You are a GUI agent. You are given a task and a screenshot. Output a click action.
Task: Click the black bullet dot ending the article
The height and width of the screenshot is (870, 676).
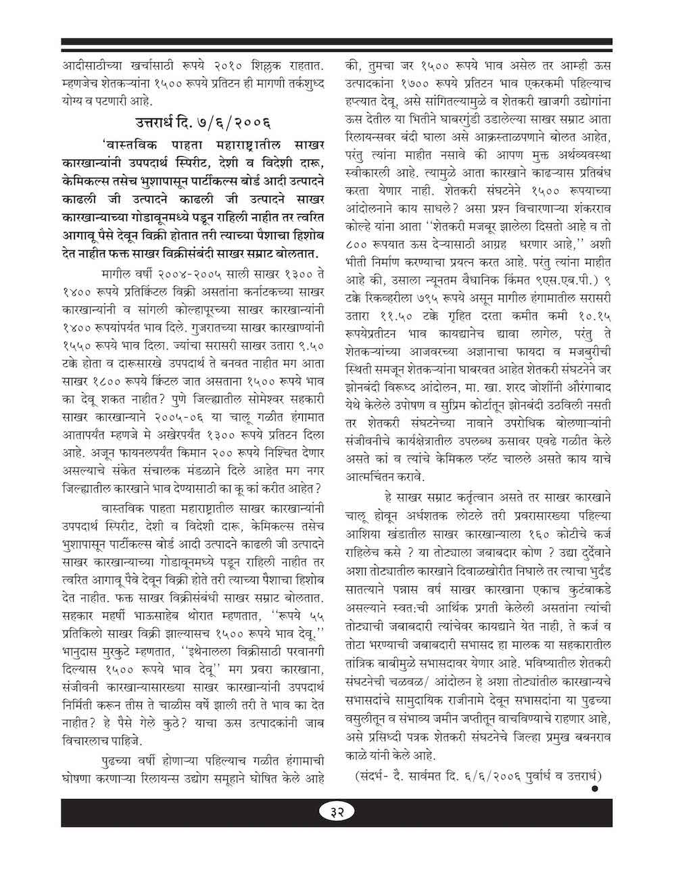594,788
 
